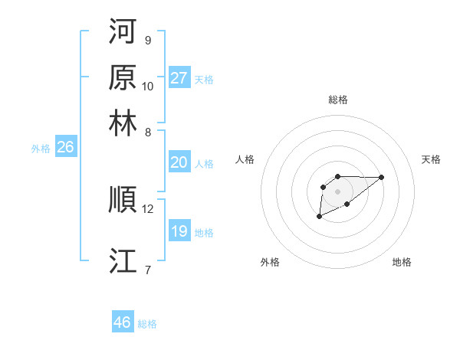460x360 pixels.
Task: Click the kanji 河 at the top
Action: (123, 33)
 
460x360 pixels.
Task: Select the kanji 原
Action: (123, 78)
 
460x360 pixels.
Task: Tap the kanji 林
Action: (123, 123)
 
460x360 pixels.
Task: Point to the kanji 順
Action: (123, 201)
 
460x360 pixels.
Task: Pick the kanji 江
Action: (123, 261)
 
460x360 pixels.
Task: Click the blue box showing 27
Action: (179, 78)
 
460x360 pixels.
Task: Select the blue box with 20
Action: (179, 162)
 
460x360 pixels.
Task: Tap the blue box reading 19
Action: (179, 231)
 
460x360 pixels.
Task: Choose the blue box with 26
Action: (65, 148)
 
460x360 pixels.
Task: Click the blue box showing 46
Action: (123, 322)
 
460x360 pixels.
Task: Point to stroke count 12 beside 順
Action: (148, 209)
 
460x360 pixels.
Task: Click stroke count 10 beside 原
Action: (148, 86)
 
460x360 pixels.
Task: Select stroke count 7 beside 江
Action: (147, 270)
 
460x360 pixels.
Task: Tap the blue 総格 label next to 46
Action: (147, 324)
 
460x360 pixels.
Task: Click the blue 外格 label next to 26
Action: (41, 149)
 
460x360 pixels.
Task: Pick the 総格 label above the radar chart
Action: (337, 100)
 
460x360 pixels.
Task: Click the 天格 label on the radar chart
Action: (431, 159)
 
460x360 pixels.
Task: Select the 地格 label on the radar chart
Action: (402, 262)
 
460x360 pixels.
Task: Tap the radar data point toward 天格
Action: (382, 177)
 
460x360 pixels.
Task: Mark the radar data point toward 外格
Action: (319, 217)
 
